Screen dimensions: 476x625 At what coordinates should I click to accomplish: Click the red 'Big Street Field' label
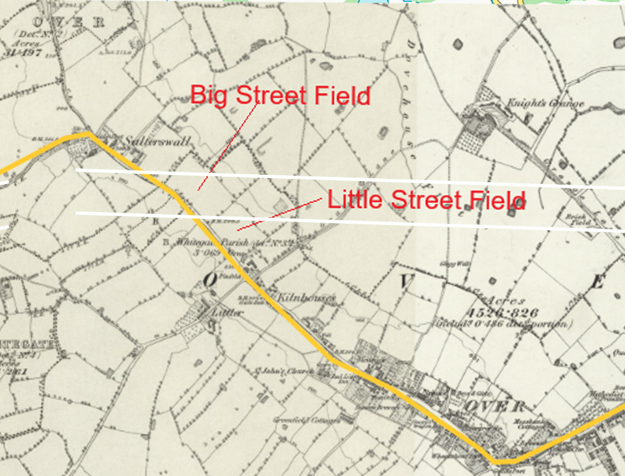point(280,96)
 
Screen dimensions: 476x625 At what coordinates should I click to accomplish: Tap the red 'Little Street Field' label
point(426,200)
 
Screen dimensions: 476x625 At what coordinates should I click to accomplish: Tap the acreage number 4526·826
point(494,313)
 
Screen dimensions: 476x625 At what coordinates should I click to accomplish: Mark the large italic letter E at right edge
point(598,283)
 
